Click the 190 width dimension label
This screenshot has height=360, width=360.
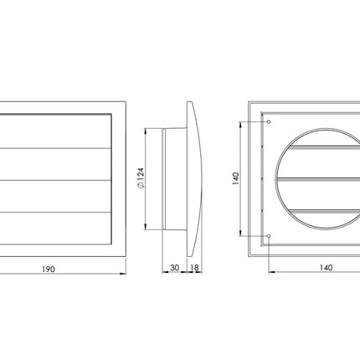49,270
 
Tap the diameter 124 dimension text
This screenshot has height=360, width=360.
141,178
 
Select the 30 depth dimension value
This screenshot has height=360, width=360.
175,268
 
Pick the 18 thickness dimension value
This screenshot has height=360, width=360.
194,268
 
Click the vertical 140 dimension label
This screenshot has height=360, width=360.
236,178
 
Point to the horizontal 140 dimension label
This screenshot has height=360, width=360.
326,268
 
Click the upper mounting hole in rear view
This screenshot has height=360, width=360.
269,122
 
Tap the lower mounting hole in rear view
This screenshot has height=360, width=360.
269,236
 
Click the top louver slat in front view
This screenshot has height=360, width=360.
56,131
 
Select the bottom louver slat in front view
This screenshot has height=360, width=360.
56,228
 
